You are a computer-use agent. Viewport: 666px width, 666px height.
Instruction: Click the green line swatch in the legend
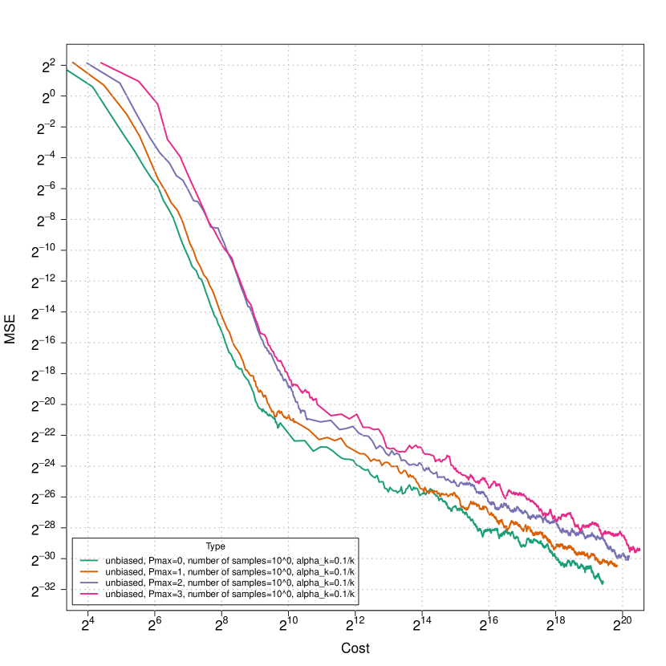click(89, 560)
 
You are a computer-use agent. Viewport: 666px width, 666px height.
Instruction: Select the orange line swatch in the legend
click(89, 571)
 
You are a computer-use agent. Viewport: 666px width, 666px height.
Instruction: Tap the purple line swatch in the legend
click(89, 583)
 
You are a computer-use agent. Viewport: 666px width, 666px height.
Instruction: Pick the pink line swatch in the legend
click(89, 594)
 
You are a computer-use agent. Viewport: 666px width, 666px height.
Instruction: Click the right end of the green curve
click(603, 583)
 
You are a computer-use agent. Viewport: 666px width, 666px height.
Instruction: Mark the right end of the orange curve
click(617, 567)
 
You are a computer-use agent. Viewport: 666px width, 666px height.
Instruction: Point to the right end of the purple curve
click(629, 558)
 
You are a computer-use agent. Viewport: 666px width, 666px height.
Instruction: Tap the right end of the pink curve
click(640, 550)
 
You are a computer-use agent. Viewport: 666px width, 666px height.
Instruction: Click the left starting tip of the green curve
click(67, 70)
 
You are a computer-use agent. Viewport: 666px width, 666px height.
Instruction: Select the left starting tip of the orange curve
click(72, 62)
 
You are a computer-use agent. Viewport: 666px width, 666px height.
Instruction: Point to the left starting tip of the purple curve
click(86, 63)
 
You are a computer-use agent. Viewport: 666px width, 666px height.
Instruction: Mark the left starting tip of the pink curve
click(100, 62)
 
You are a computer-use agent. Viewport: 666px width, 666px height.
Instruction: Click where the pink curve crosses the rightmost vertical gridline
click(622, 534)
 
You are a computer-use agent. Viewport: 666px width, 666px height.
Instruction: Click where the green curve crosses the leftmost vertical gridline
click(88, 83)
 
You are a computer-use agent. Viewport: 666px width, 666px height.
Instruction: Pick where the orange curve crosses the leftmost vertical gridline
click(88, 72)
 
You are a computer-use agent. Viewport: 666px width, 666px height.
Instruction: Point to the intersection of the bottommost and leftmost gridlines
click(88, 590)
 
